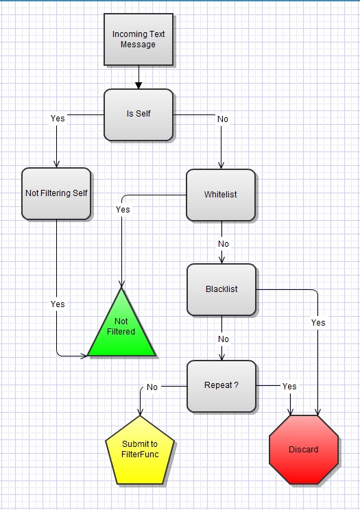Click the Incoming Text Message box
pyautogui.click(x=138, y=39)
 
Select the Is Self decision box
pyautogui.click(x=138, y=114)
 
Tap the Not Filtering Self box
pyautogui.click(x=56, y=193)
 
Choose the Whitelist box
pyautogui.click(x=220, y=195)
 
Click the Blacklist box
pyautogui.click(x=221, y=289)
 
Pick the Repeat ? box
pyautogui.click(x=221, y=385)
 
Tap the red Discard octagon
pyautogui.click(x=303, y=450)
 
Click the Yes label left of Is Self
pyautogui.click(x=58, y=119)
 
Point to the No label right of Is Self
pyautogui.click(x=223, y=119)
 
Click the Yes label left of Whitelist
pyautogui.click(x=123, y=210)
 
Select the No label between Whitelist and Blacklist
pyautogui.click(x=224, y=244)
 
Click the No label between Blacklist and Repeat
pyautogui.click(x=224, y=339)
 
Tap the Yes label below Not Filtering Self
pyautogui.click(x=58, y=304)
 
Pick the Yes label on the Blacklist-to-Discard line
pyautogui.click(x=318, y=322)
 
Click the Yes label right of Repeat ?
pyautogui.click(x=289, y=387)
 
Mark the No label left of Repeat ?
pyautogui.click(x=152, y=387)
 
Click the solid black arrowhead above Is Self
pyautogui.click(x=139, y=85)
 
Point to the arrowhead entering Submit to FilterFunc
pyautogui.click(x=140, y=411)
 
